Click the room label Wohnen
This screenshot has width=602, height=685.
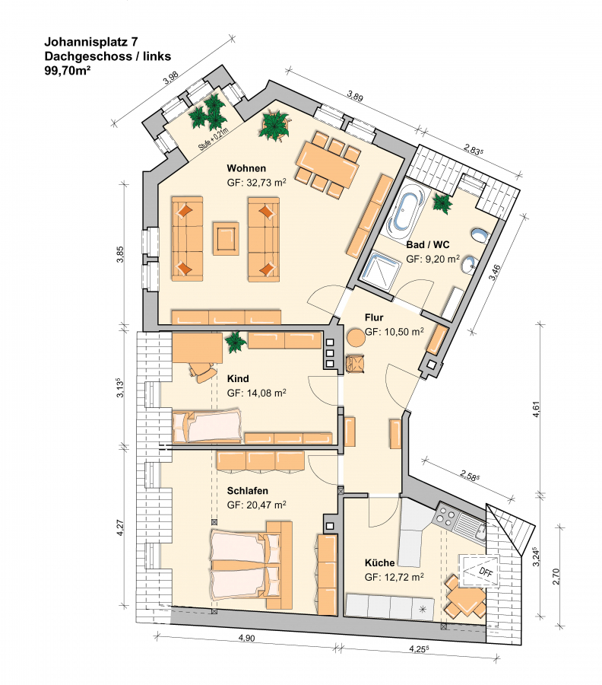(246, 168)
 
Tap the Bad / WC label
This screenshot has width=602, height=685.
(427, 244)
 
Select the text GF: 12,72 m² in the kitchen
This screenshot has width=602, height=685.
(394, 577)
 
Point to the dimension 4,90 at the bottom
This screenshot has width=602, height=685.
(246, 639)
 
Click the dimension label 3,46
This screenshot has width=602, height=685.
(494, 272)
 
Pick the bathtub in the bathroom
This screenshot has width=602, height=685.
(407, 211)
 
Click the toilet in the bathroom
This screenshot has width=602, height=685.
(479, 236)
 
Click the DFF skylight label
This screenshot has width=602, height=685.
(485, 572)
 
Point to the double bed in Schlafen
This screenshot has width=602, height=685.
(252, 565)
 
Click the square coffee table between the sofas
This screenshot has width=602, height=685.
(226, 238)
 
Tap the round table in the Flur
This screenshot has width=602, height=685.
(356, 337)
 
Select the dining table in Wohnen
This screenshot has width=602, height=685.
(327, 164)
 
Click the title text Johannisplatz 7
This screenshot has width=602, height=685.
(91, 42)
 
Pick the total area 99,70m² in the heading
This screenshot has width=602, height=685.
(68, 70)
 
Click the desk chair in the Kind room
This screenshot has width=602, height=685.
(202, 372)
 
